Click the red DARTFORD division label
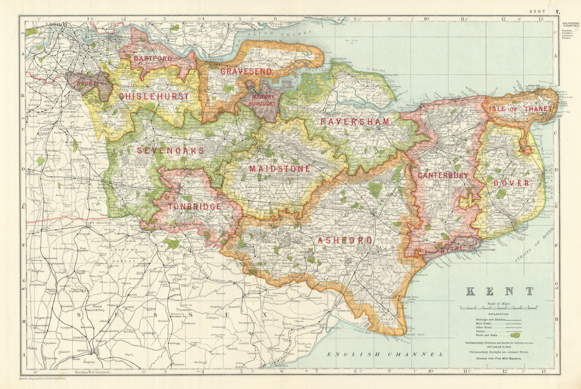[x=153, y=58]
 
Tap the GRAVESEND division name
[x=246, y=71]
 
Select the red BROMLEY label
[x=90, y=83]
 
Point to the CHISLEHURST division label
[x=154, y=97]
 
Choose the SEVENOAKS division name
[x=170, y=150]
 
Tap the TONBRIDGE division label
[x=195, y=206]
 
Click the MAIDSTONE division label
[x=280, y=169]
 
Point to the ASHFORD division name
[x=345, y=241]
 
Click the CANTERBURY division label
[x=443, y=175]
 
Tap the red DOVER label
[x=511, y=183]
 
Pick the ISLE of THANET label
[x=520, y=109]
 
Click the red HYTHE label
[x=452, y=248]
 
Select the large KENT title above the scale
[x=500, y=291]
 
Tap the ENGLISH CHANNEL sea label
[x=385, y=354]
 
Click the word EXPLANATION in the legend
[x=498, y=314]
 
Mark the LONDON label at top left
[x=58, y=25]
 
